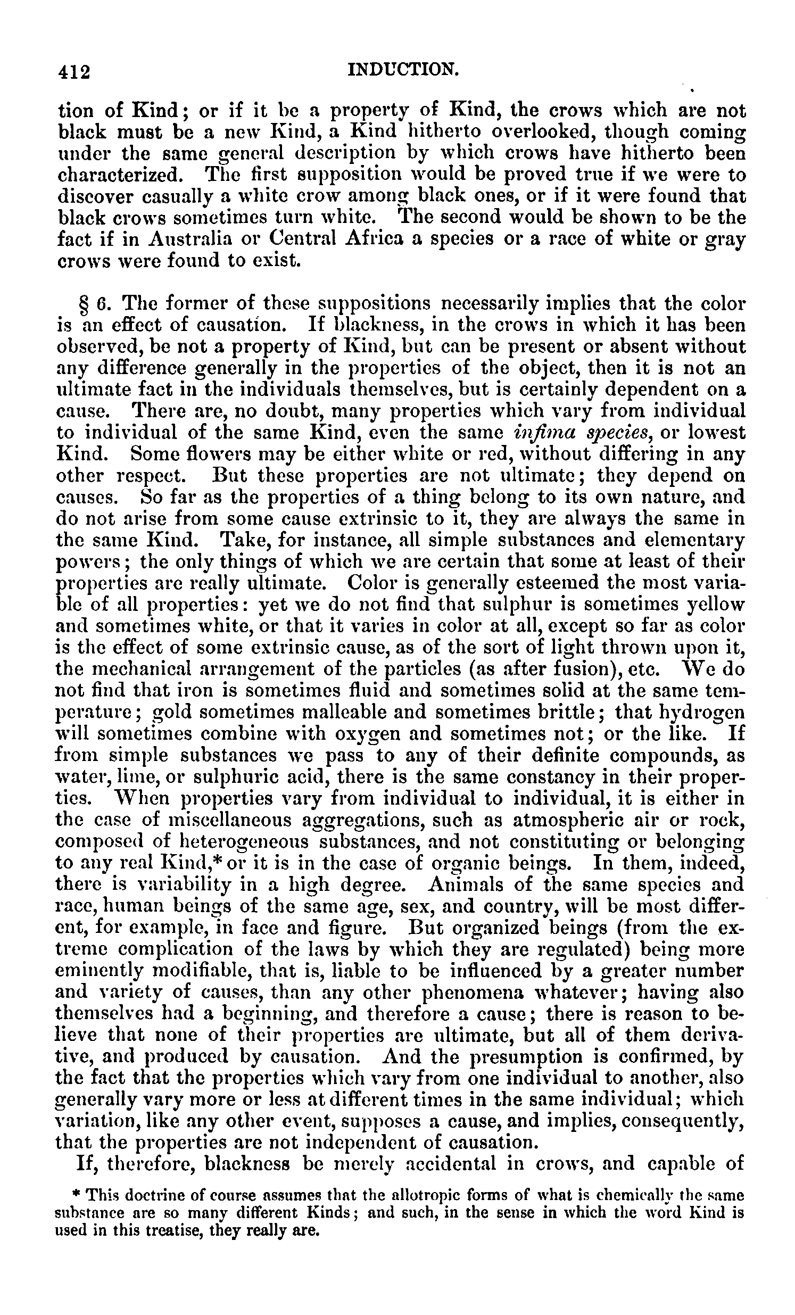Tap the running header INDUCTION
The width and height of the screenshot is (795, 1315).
point(403,69)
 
